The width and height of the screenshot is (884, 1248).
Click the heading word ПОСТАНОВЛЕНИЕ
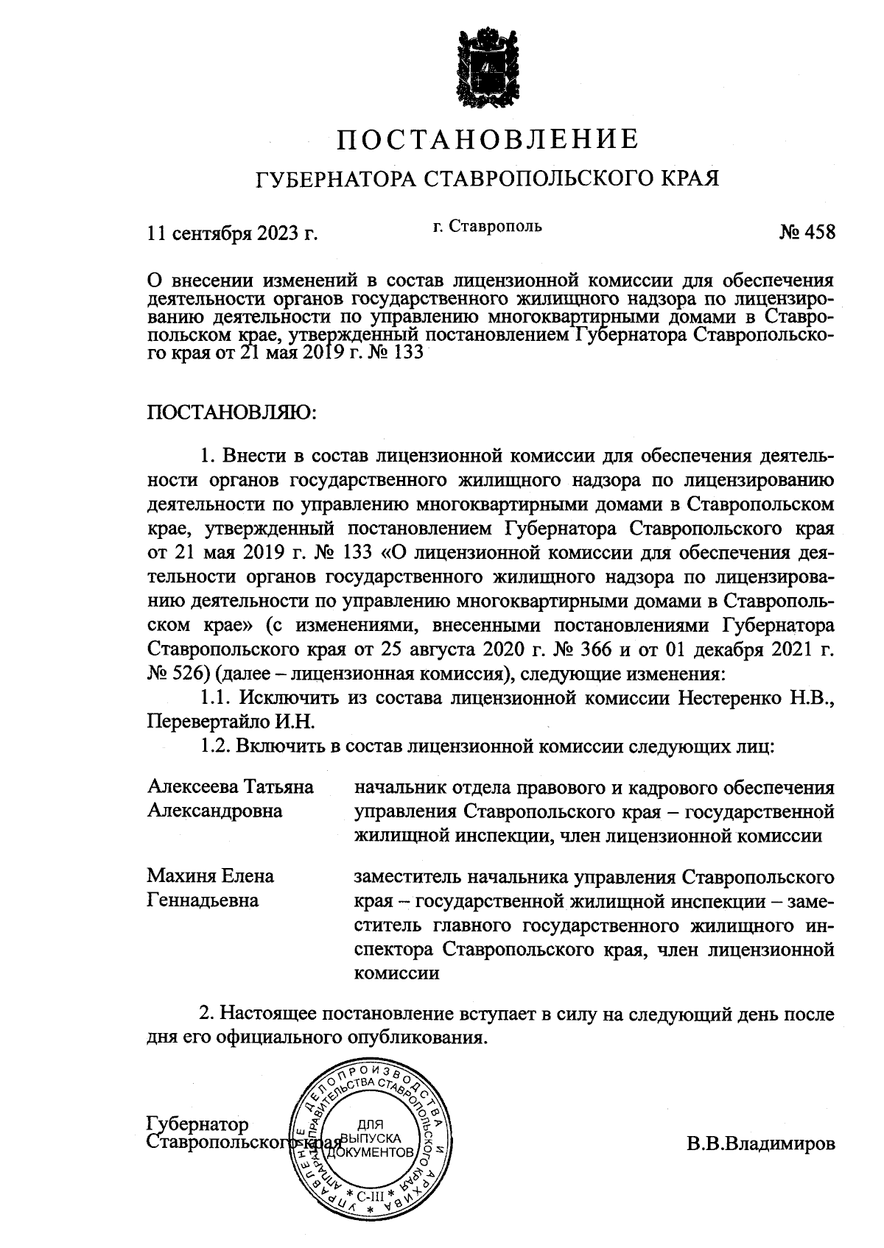486,139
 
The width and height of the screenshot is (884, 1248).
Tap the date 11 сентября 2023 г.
232,233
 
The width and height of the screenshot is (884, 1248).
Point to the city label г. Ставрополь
487,225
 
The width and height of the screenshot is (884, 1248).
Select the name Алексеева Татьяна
231,786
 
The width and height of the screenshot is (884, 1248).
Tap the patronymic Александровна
215,811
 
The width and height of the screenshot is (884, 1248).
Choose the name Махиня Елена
211,876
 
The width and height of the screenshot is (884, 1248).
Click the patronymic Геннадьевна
203,900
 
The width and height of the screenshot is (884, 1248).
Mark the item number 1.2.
216,746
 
